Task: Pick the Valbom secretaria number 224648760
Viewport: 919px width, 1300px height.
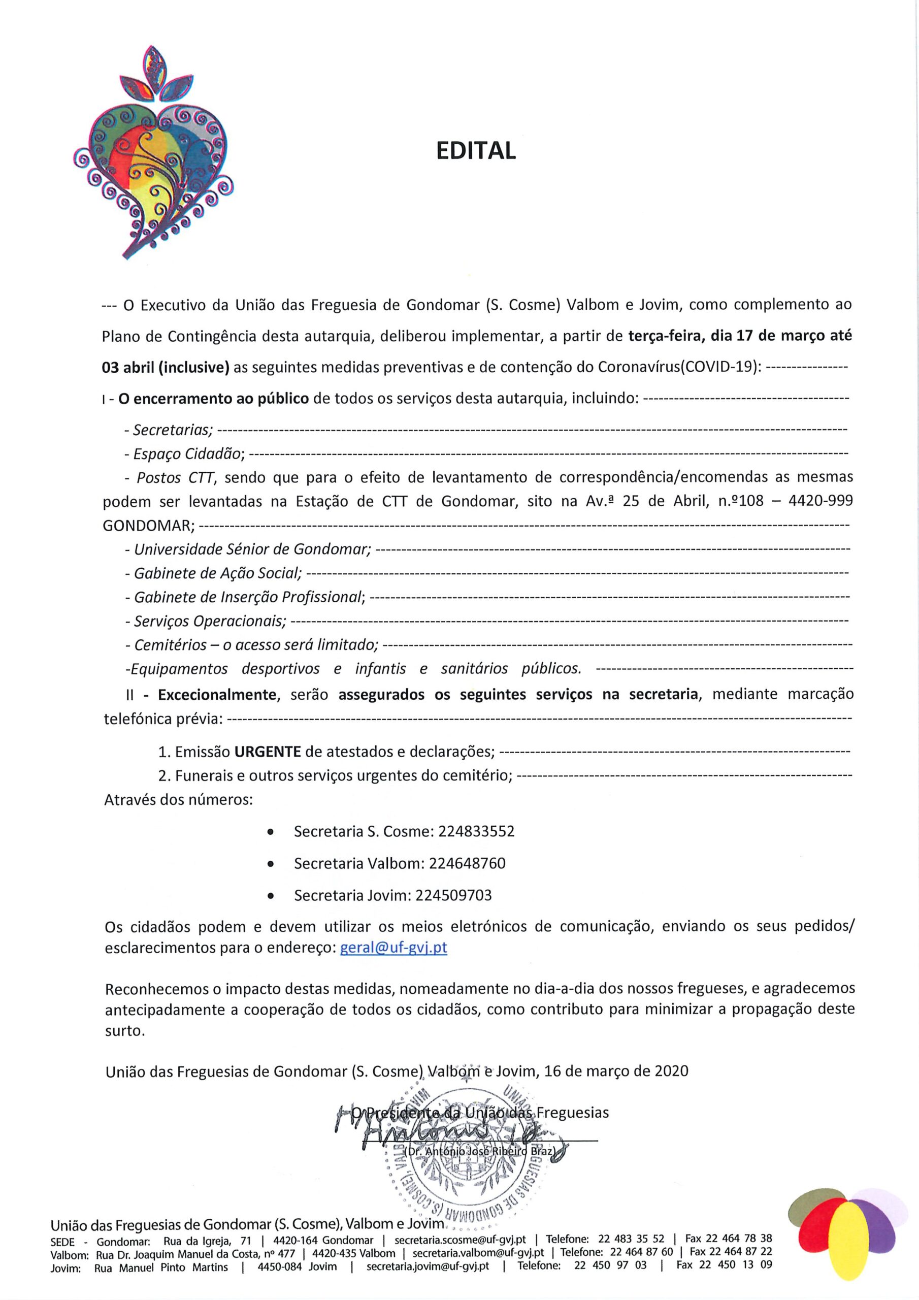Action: tap(467, 863)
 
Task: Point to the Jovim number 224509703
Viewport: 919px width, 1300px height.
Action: tap(453, 895)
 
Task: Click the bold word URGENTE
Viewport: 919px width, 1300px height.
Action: tap(268, 752)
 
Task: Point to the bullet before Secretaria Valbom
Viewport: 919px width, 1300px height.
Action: tap(271, 865)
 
